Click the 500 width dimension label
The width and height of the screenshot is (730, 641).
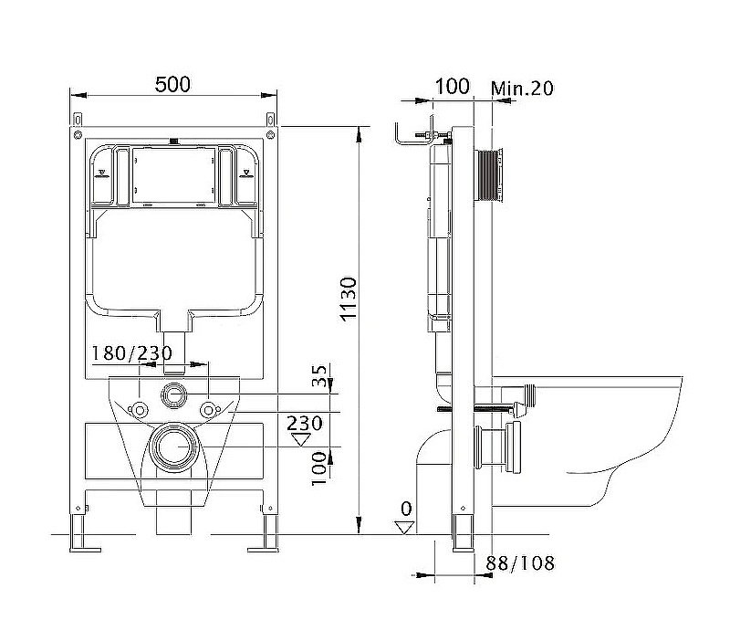point(172,84)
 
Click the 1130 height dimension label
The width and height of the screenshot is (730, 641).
point(349,299)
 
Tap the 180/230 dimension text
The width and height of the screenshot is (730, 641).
point(131,353)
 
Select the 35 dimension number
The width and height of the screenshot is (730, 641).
point(319,375)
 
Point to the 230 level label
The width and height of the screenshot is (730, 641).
point(304,423)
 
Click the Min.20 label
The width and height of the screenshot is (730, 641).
point(522,88)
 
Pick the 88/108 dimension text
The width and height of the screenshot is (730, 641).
point(520,563)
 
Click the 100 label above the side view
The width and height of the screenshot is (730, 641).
point(452,86)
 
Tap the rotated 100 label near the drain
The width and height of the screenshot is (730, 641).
point(319,468)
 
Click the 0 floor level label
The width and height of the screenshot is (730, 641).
point(406,509)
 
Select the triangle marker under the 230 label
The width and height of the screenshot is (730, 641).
point(301,439)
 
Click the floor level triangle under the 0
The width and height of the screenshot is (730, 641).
point(404,528)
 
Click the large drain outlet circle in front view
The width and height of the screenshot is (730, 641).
point(174,447)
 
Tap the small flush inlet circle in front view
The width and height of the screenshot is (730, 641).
point(174,395)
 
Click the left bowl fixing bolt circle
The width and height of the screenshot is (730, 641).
point(139,409)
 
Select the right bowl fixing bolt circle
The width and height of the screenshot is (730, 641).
point(209,410)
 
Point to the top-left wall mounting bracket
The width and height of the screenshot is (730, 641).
point(78,120)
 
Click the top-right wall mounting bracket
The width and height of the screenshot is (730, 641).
point(270,120)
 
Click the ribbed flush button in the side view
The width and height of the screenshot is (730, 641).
point(488,175)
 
